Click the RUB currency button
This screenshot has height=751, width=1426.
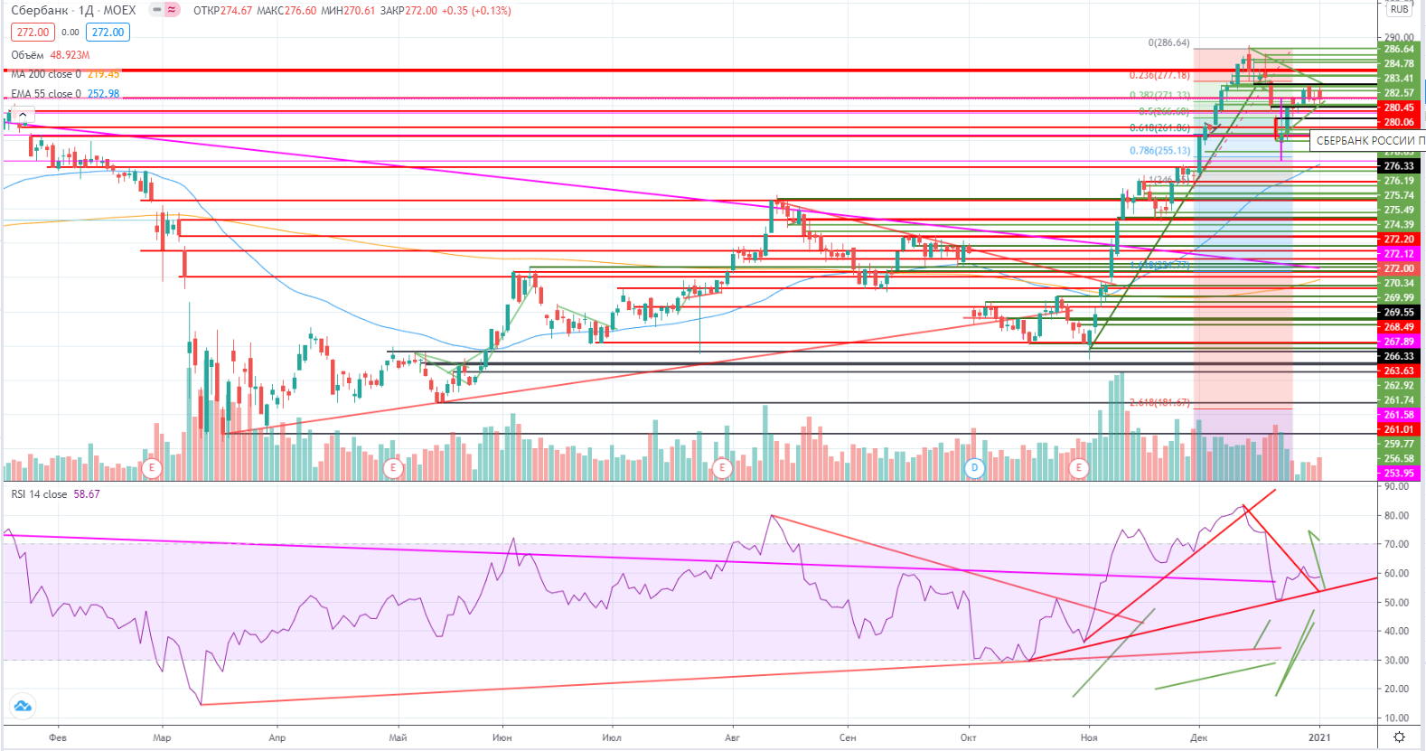(1399, 9)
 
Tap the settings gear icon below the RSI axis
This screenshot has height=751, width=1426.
(1399, 737)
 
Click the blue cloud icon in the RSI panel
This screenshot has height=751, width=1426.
(22, 706)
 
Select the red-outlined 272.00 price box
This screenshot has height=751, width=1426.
(33, 33)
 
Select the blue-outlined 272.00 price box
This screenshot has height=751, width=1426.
(108, 33)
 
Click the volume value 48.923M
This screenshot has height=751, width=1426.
(70, 55)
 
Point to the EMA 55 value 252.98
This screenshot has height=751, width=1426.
(103, 94)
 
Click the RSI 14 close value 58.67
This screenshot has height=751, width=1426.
(87, 494)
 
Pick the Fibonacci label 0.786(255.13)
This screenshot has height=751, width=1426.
(1159, 151)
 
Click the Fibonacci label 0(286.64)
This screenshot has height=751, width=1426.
(1168, 43)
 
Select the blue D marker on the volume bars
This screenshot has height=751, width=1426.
(974, 468)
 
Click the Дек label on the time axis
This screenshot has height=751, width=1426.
(1198, 737)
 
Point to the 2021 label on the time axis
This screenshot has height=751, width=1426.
(1319, 737)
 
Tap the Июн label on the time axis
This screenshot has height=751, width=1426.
(502, 737)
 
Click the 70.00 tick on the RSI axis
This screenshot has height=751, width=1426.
(1396, 544)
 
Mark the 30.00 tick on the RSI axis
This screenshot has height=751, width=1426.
(1396, 660)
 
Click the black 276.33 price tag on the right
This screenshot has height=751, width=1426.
(1399, 166)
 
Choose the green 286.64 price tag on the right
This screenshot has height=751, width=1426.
(1399, 50)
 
